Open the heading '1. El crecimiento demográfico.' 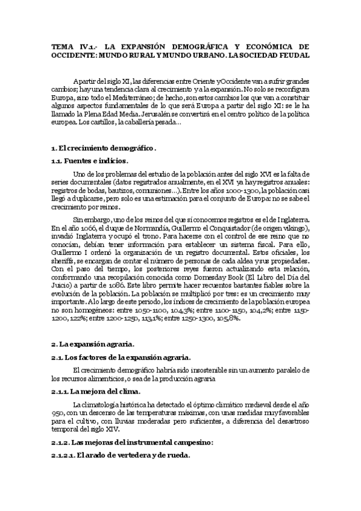pos(104,148)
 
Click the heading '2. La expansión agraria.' pos(92,344)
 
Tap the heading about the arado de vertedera pos(121,455)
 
